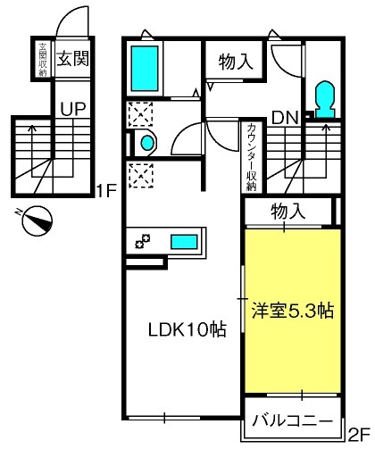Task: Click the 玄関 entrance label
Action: coord(73,58)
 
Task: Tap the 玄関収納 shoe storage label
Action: coord(43,59)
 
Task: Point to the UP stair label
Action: coord(73,109)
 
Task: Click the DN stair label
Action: coord(285,118)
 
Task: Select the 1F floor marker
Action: coord(105,191)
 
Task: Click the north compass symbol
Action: coord(37,221)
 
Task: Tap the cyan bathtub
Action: coord(145,68)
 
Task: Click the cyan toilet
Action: coord(325,99)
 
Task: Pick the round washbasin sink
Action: coord(147,144)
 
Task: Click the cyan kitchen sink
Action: coord(184,242)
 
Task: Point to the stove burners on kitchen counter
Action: coord(143,241)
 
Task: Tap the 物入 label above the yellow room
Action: coord(287,212)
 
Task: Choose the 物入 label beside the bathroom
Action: coord(236,62)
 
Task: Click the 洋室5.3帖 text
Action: coord(293,311)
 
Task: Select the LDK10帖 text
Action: coord(187,329)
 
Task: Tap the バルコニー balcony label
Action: coord(292,421)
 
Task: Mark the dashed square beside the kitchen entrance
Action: coord(141,176)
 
